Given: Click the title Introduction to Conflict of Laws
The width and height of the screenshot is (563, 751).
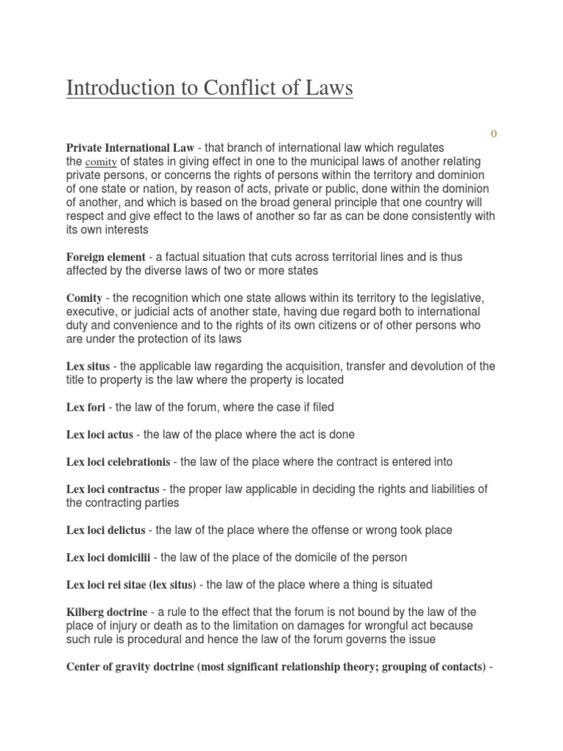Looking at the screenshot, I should coord(210,89).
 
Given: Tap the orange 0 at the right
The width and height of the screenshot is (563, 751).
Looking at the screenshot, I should coord(493,133).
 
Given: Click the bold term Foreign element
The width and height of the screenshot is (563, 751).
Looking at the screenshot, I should coord(106,257).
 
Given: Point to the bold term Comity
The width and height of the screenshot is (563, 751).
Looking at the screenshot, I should coord(84,298).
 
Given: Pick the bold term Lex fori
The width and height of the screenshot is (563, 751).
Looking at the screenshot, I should coord(87,406).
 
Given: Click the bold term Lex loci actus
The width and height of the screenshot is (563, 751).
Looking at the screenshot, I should coord(100,434).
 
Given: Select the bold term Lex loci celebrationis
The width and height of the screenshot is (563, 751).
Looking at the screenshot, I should coord(118,462).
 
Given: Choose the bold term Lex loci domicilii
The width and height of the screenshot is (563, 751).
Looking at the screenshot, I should coord(108,557).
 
